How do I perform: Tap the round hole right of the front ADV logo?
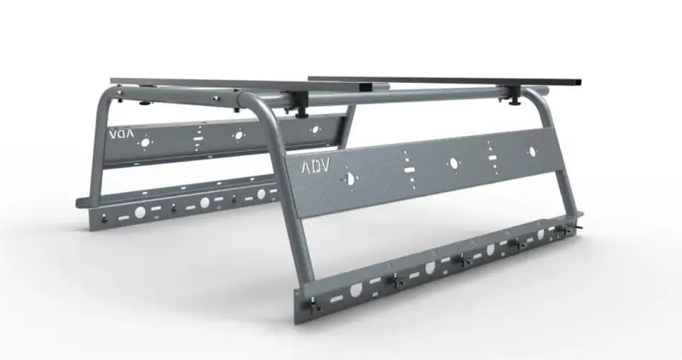point(349,178)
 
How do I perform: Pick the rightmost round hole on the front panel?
point(532,152)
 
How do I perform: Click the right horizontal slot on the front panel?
point(493,158)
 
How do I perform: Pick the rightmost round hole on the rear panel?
point(315,130)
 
